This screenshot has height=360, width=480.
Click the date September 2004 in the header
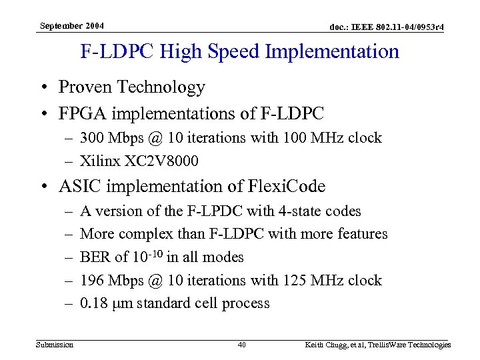coord(72,26)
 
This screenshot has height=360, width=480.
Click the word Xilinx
coord(99,161)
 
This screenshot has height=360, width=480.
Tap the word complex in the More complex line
coord(145,234)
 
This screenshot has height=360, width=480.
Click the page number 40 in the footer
coord(243,345)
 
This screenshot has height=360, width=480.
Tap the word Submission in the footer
coord(55,345)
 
